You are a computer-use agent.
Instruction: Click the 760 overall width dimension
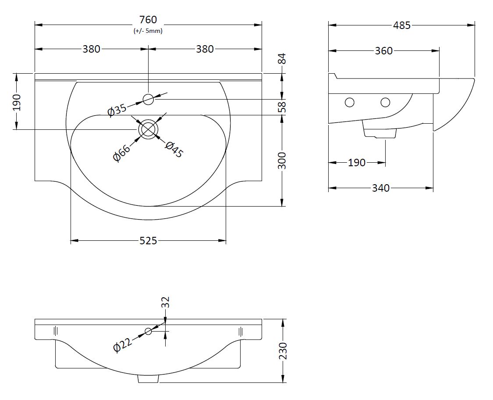[x=148, y=20]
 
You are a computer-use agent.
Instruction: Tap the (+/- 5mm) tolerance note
[x=148, y=31]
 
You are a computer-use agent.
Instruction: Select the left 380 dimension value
[x=92, y=49]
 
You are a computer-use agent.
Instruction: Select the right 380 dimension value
[x=205, y=49]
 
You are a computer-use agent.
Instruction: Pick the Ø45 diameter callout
[x=174, y=150]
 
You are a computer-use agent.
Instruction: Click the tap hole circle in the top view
[x=149, y=100]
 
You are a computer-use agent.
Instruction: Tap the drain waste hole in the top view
[x=148, y=129]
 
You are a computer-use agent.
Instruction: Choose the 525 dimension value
[x=148, y=240]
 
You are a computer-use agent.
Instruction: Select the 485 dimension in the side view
[x=401, y=25]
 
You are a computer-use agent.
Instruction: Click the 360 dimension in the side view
[x=384, y=51]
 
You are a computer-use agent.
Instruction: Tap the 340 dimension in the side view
[x=380, y=188]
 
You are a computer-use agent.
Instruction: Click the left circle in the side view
[x=349, y=103]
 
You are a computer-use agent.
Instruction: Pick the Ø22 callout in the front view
[x=122, y=346]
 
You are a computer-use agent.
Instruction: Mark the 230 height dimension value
[x=283, y=351]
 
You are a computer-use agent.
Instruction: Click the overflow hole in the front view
[x=149, y=331]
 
